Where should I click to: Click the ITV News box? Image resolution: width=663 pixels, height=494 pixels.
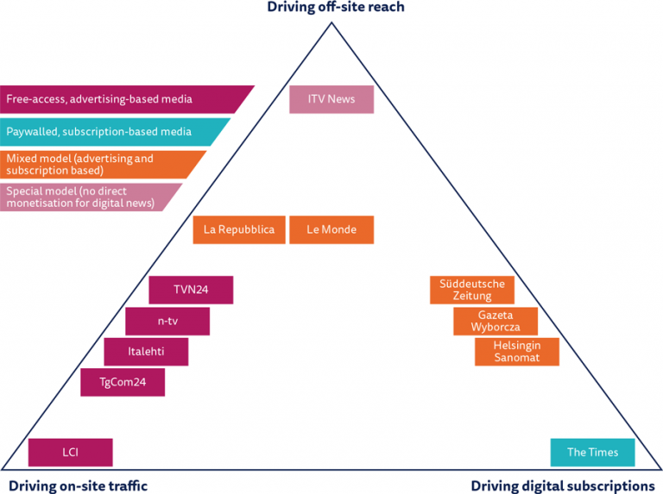[x=331, y=99]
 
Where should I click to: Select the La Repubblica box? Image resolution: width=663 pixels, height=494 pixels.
[x=239, y=230]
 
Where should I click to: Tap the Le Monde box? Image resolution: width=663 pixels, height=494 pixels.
[x=331, y=230]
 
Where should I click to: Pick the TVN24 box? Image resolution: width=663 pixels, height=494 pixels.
[x=191, y=290]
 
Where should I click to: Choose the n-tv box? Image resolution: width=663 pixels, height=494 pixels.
[x=167, y=322]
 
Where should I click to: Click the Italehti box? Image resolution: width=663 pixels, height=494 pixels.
[x=146, y=352]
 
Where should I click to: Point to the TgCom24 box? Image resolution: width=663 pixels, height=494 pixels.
[x=123, y=382]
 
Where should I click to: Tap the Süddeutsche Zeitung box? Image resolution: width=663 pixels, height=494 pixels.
[x=472, y=290]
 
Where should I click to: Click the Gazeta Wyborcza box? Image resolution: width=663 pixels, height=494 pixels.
[x=496, y=322]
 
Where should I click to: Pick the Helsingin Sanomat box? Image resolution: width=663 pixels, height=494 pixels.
[x=516, y=352]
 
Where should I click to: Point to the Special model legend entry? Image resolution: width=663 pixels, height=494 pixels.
[x=86, y=197]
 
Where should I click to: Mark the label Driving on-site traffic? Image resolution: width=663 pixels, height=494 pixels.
[x=74, y=485]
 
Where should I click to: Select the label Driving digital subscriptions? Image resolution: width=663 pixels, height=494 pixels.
[x=563, y=485]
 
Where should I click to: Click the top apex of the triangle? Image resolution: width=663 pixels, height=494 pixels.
[x=331, y=22]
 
